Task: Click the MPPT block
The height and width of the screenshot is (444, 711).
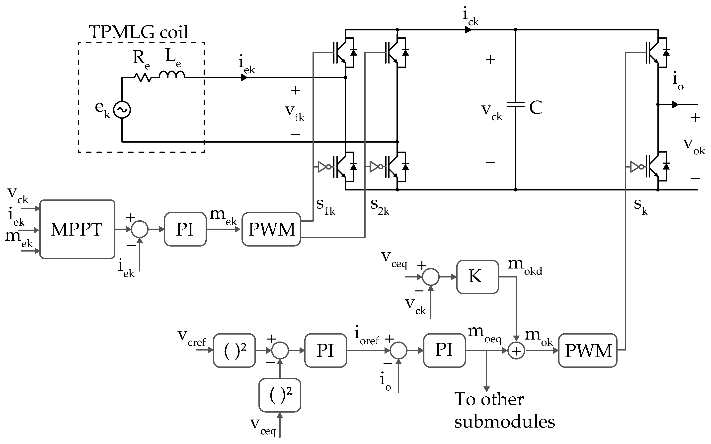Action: [x=77, y=229]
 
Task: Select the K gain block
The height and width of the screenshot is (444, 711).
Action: [x=477, y=277]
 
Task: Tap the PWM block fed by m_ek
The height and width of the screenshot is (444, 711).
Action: [x=271, y=229]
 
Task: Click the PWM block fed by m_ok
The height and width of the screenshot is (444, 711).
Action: [x=588, y=350]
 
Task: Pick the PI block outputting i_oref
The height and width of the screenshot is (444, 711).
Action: [x=325, y=350]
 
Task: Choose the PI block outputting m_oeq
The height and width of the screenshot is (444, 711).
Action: [x=444, y=350]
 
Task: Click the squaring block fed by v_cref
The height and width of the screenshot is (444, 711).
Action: [x=234, y=350]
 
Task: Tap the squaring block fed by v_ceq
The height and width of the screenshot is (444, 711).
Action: [x=280, y=395]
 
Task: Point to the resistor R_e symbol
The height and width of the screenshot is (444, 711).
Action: [x=143, y=78]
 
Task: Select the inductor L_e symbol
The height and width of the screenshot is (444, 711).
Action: [x=172, y=75]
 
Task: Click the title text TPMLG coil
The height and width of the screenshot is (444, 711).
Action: [x=139, y=32]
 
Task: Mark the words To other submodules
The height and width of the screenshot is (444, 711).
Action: [x=504, y=411]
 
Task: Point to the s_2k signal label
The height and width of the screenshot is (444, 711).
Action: [x=379, y=206]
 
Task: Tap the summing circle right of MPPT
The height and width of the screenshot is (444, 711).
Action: [x=140, y=229]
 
